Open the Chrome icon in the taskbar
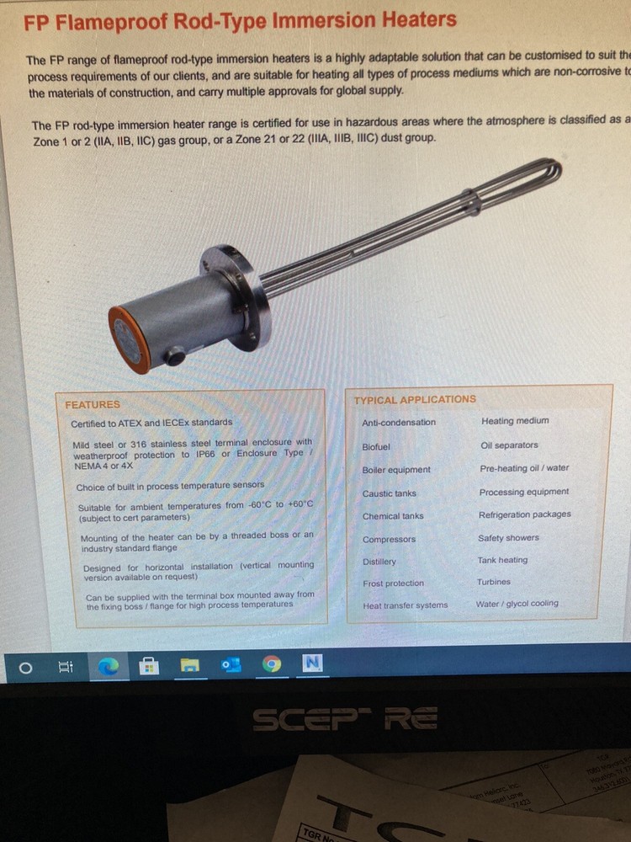pyautogui.click(x=271, y=664)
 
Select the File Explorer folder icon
pyautogui.click(x=190, y=666)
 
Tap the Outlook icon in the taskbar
pyautogui.click(x=231, y=665)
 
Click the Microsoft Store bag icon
pyautogui.click(x=149, y=667)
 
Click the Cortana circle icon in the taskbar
pyautogui.click(x=25, y=668)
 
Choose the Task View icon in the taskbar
pyautogui.click(x=66, y=668)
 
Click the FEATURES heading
pyautogui.click(x=93, y=404)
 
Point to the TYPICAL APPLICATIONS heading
pyautogui.click(x=414, y=399)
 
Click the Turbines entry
pyautogui.click(x=493, y=582)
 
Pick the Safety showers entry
pyautogui.click(x=508, y=538)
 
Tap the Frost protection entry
pyautogui.click(x=393, y=584)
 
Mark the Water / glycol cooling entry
pyautogui.click(x=517, y=604)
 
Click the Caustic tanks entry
pyautogui.click(x=389, y=493)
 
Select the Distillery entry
pyautogui.click(x=379, y=562)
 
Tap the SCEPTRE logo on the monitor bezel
pyautogui.click(x=345, y=718)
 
